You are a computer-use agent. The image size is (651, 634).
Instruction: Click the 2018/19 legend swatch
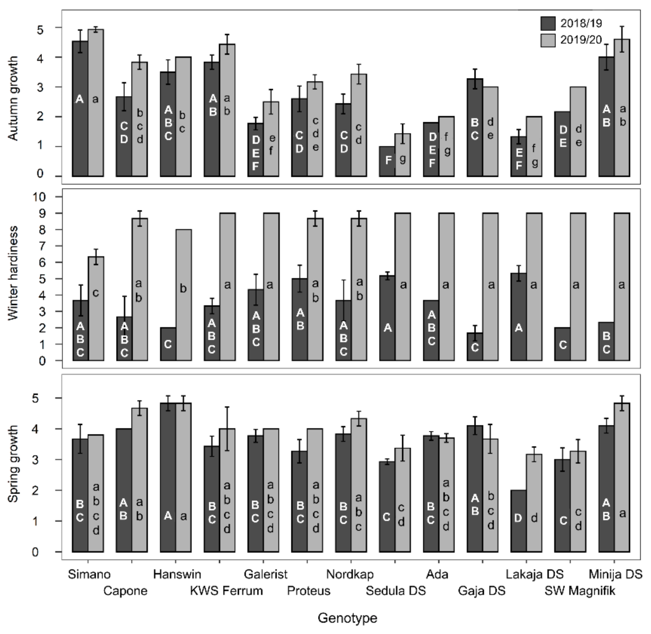(548, 23)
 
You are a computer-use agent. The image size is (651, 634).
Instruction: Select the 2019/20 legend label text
(581, 40)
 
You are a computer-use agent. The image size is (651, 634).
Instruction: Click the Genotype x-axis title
(348, 618)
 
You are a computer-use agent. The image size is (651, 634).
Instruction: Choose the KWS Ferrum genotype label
(226, 591)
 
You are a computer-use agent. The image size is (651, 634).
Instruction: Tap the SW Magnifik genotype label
(580, 591)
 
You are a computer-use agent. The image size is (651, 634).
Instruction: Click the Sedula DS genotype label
(396, 591)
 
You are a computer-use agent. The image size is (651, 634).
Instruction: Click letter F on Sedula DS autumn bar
(388, 160)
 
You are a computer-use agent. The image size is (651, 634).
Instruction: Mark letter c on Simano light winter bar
(96, 293)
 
